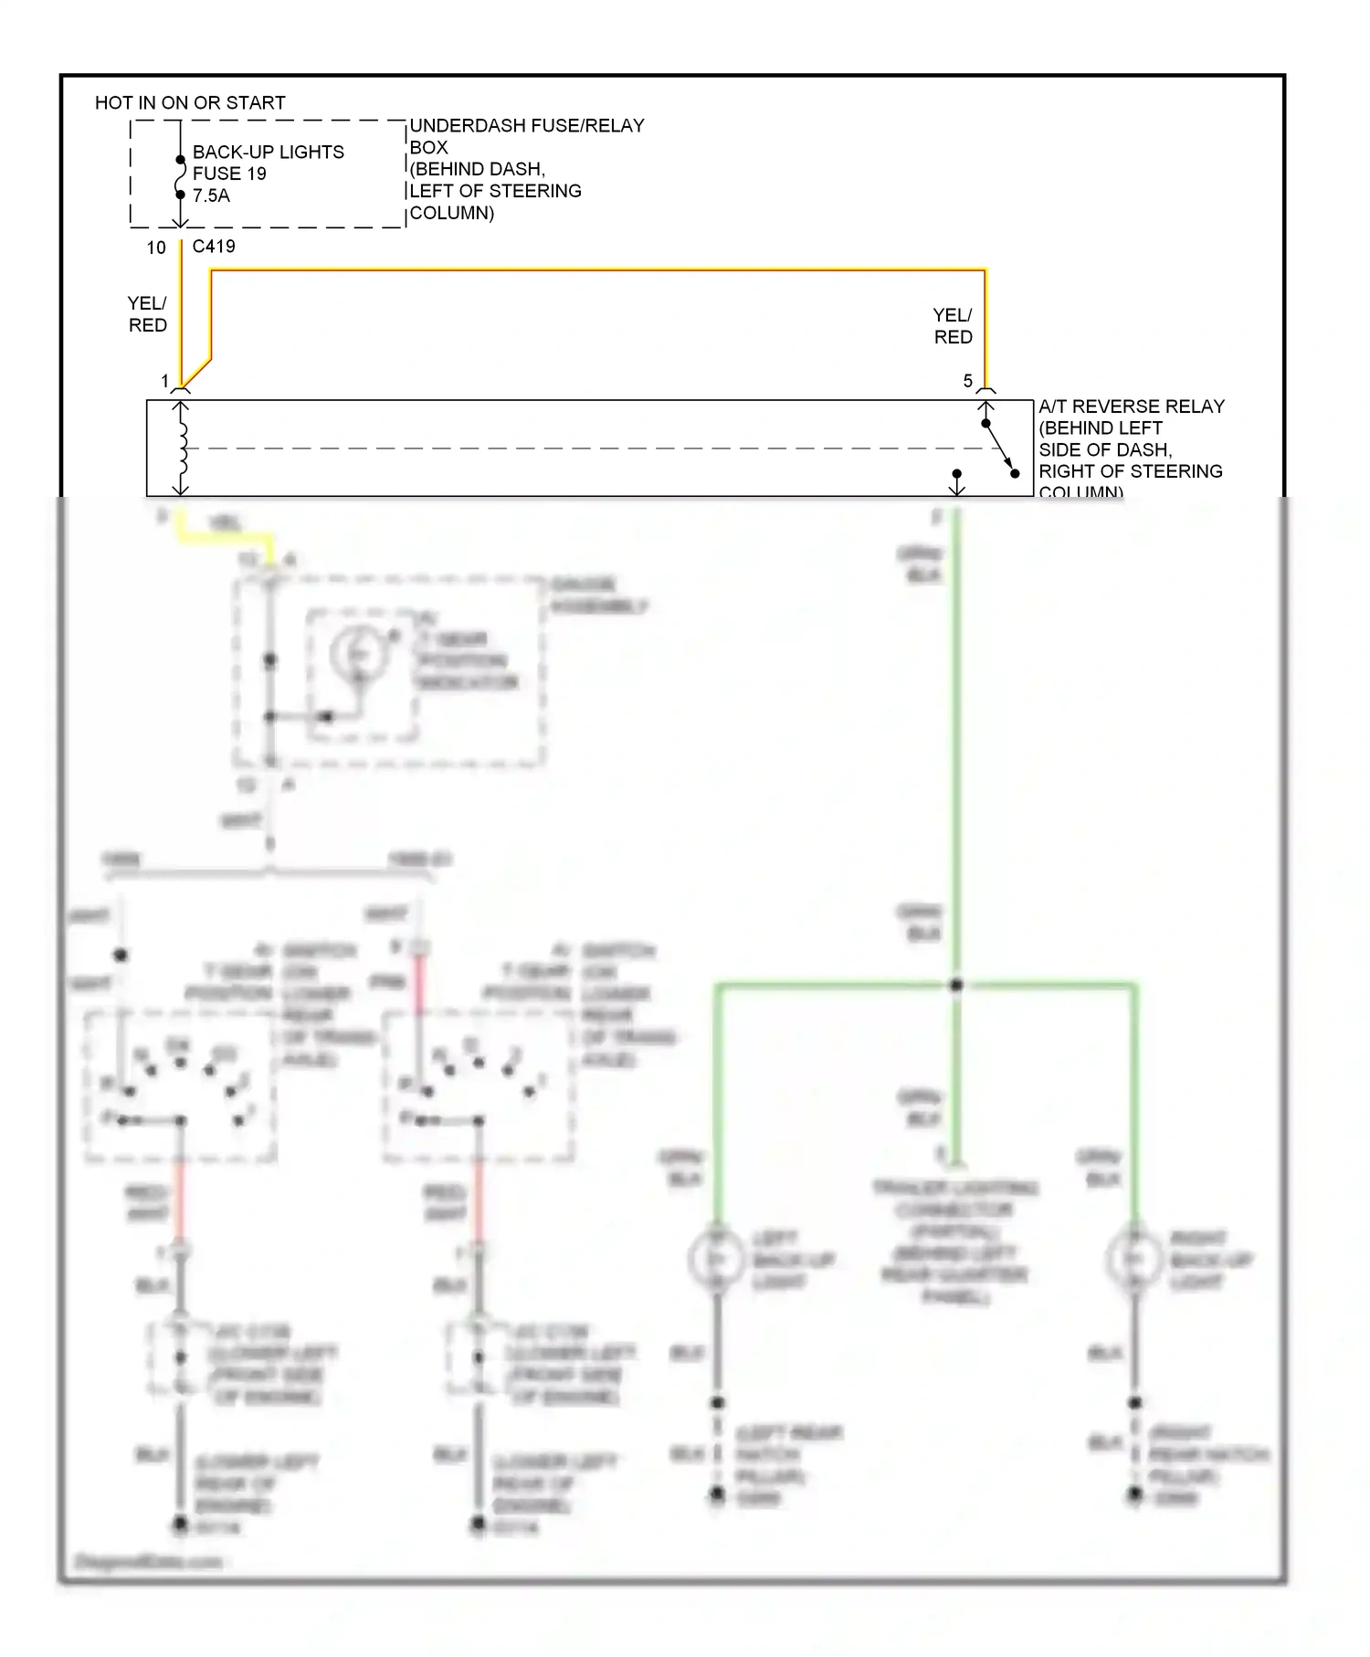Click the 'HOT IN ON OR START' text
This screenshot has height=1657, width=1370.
190,102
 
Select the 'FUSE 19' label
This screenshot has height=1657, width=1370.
229,174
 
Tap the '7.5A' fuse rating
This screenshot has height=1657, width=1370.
211,195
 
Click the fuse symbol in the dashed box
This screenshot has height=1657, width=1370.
180,177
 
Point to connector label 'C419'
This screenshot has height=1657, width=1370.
214,246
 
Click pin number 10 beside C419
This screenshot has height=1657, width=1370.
156,248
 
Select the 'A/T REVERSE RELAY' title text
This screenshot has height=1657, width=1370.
1131,406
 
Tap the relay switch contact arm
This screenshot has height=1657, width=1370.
1000,449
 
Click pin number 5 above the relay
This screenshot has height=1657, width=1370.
967,381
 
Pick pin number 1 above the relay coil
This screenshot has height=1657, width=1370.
164,381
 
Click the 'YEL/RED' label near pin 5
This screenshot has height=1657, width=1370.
953,326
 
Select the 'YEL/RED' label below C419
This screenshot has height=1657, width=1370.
147,314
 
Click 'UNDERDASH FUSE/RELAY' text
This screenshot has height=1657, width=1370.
527,126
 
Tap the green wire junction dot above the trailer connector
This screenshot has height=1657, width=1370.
955,986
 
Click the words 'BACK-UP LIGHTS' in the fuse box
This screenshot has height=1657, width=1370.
268,152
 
